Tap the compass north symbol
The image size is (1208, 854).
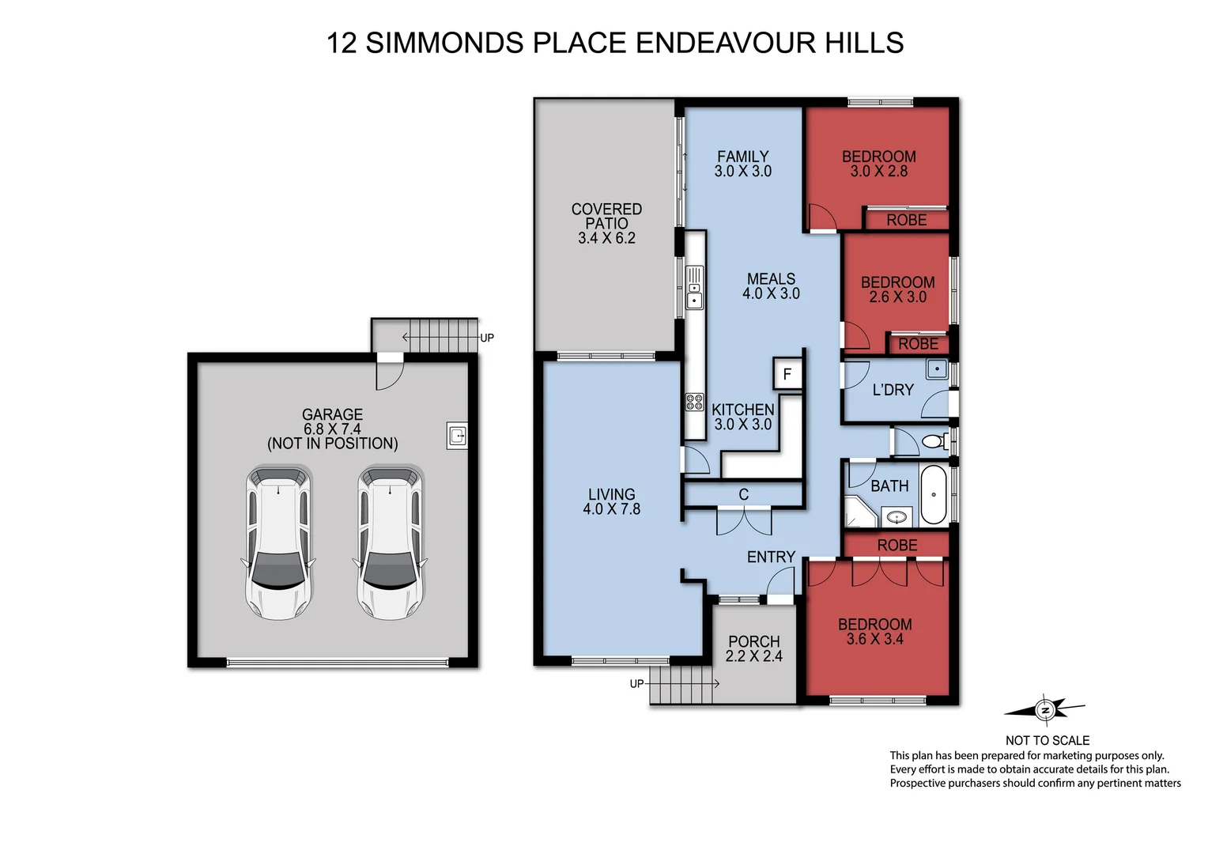[x=1045, y=709]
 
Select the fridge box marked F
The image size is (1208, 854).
[x=787, y=374]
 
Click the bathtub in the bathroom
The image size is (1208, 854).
[x=934, y=494]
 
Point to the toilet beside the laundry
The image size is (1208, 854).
[x=935, y=441]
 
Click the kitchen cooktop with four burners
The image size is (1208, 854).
[x=694, y=402]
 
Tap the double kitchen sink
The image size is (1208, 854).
[x=694, y=289]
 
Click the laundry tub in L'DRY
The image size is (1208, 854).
[x=937, y=369]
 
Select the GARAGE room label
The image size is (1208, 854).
[x=332, y=414]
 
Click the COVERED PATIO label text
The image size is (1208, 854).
[x=606, y=216]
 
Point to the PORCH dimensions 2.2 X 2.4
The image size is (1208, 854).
[x=753, y=656]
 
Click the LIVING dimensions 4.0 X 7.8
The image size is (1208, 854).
[x=611, y=509]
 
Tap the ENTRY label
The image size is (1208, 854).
[x=771, y=557]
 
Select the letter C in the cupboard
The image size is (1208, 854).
[x=743, y=494]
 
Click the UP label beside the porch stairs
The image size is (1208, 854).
[x=636, y=683]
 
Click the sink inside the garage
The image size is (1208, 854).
[x=458, y=435]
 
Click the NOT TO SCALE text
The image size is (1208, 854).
[x=1047, y=740]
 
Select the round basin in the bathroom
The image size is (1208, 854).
[x=896, y=518]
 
